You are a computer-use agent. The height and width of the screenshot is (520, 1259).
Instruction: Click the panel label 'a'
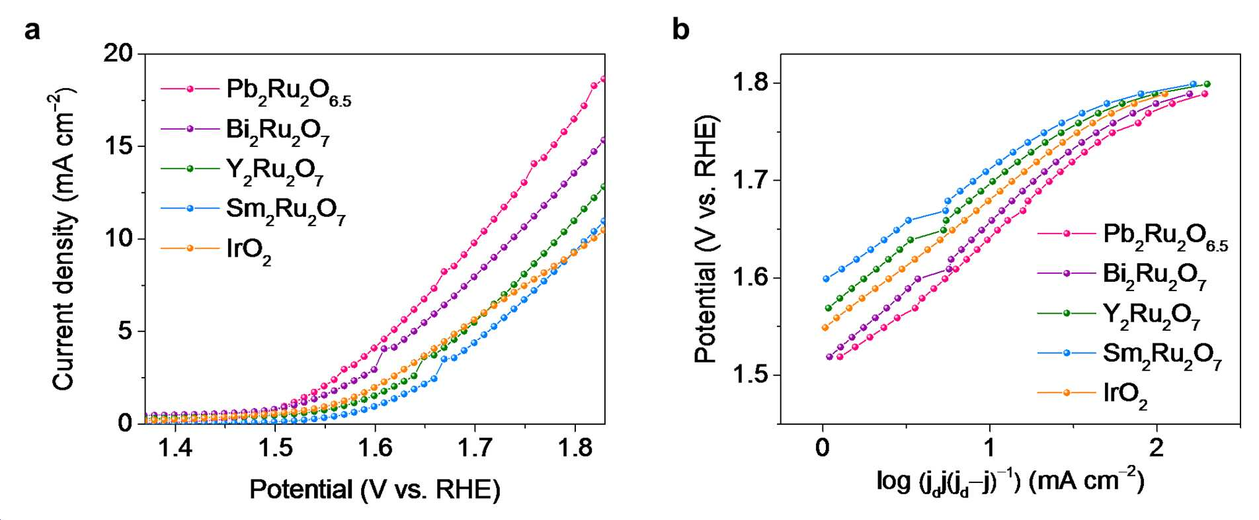(32, 30)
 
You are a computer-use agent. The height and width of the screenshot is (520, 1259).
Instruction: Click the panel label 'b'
(680, 29)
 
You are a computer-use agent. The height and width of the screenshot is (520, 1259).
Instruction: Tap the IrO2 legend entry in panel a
(216, 251)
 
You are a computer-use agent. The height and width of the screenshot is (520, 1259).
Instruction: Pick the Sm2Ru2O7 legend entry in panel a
(253, 211)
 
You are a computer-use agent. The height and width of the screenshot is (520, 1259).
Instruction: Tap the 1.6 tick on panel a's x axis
(375, 448)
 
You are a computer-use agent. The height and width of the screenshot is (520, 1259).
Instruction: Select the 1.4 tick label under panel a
(175, 448)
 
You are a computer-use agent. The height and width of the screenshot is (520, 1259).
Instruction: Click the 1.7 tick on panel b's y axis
(752, 180)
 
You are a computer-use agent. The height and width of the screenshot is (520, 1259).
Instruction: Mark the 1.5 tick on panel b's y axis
(752, 374)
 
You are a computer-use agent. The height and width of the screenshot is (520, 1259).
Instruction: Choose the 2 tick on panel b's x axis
(1156, 448)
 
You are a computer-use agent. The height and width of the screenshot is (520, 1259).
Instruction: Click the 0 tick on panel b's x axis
(822, 448)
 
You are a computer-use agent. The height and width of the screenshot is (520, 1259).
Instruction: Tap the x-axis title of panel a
(375, 490)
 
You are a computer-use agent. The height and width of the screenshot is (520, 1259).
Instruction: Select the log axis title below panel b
(1010, 481)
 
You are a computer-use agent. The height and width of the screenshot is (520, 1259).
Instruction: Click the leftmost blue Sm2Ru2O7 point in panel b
(826, 279)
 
